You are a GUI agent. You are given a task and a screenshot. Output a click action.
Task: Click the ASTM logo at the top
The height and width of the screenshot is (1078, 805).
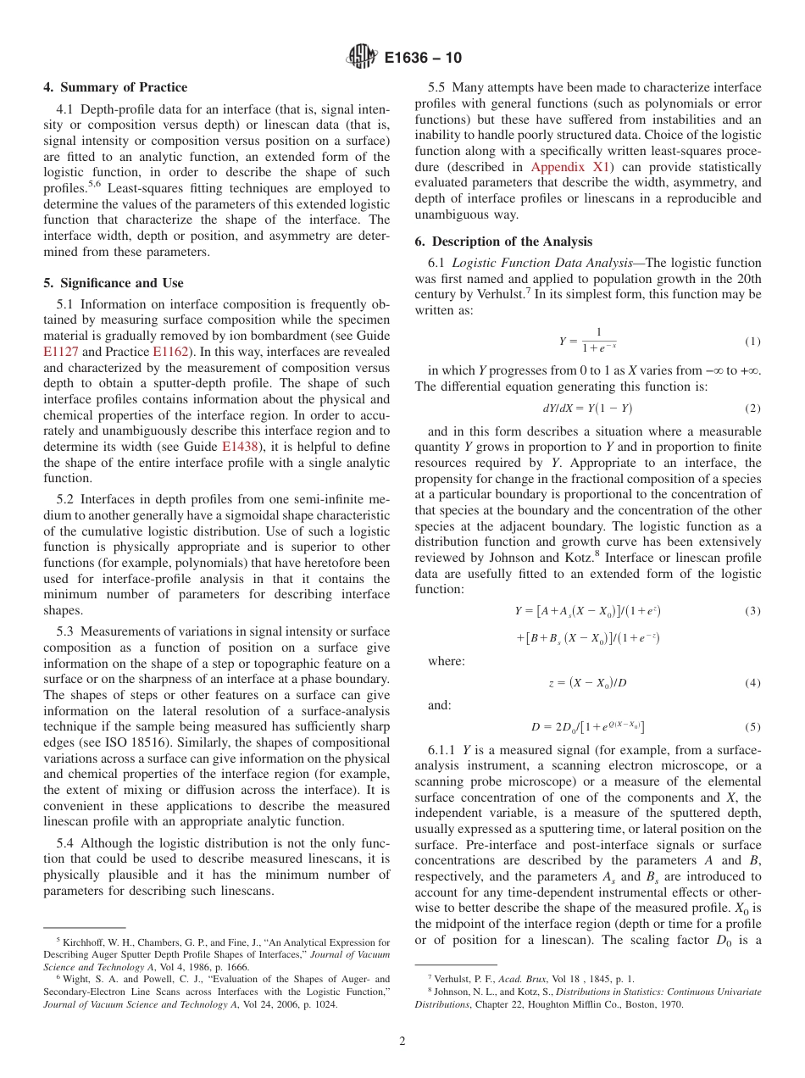361,58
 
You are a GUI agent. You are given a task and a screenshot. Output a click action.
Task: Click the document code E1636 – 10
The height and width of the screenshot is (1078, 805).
423,58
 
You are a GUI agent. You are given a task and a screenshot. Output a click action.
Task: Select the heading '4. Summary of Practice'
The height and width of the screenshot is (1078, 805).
115,87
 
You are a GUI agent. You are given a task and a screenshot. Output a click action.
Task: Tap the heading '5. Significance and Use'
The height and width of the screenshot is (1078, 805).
114,283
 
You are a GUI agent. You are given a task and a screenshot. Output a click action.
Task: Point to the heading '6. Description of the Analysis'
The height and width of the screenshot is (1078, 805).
503,242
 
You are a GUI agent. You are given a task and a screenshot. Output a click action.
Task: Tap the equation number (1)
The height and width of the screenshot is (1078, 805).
752,342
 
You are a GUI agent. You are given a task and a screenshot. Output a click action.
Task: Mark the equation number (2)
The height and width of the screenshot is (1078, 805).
752,408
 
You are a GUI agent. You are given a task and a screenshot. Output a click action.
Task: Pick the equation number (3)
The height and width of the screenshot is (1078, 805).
752,611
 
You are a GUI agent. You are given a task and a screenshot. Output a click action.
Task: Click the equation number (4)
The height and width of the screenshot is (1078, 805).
752,682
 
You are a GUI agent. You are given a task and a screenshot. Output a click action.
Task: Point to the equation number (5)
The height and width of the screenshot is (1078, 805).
752,726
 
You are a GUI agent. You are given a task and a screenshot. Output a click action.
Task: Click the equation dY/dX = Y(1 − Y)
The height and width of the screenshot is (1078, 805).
587,408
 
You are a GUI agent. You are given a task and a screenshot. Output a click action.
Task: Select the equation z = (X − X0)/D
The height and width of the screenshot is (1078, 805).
587,682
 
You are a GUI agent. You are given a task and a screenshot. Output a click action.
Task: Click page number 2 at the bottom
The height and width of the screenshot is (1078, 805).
402,1042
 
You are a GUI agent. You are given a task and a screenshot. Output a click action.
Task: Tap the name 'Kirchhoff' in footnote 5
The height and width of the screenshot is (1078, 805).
83,942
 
